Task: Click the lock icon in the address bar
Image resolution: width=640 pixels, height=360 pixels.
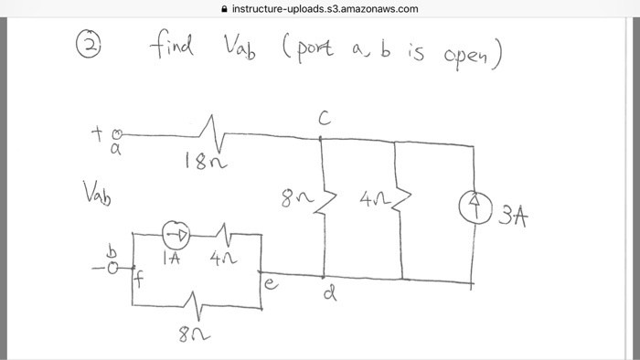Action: click(225, 9)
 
